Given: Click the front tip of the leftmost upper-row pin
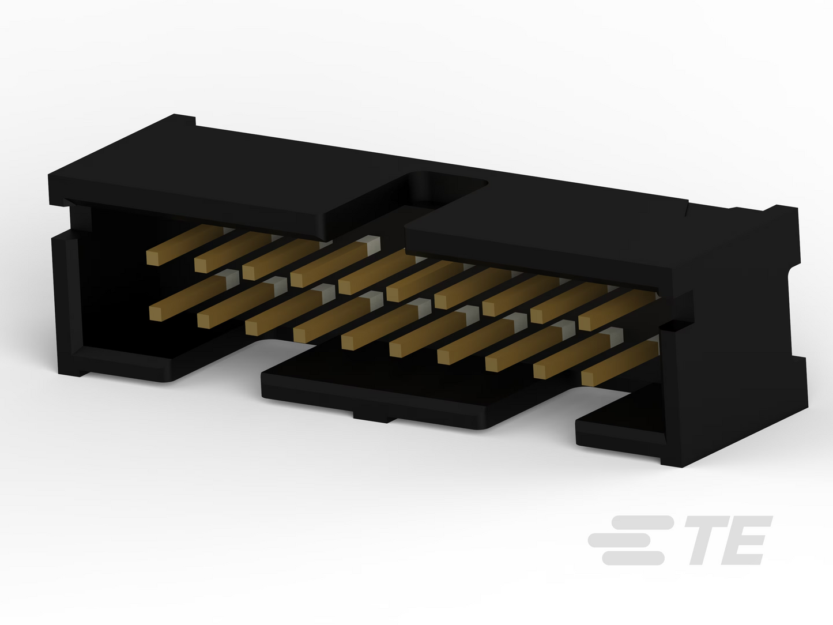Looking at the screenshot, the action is [x=153, y=258].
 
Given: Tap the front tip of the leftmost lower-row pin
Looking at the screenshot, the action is [x=155, y=314].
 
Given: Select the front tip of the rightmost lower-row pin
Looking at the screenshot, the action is [x=587, y=378].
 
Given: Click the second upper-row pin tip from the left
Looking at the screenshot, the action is [x=201, y=266].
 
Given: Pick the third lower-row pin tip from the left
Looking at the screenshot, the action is [x=251, y=328].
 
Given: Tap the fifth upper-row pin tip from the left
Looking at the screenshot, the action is [x=345, y=287].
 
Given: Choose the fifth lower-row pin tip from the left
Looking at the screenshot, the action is [x=348, y=342].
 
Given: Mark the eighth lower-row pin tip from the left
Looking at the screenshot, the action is [x=492, y=364].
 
